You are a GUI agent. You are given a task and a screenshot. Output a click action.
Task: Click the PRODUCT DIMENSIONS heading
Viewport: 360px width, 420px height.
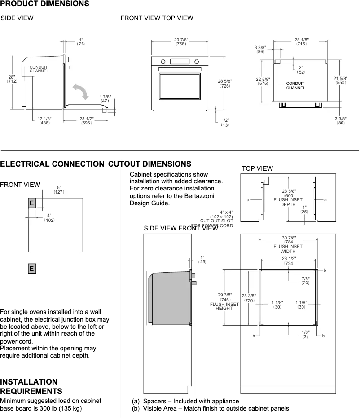point(44,4)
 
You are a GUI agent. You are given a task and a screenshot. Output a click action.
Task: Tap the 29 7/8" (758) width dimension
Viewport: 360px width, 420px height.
point(181,42)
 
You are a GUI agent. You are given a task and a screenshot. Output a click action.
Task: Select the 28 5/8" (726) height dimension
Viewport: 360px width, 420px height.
point(224,83)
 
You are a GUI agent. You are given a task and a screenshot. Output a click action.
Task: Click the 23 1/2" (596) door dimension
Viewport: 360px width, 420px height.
point(86,120)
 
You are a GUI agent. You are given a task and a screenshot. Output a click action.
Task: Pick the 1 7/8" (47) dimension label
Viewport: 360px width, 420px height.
point(105,99)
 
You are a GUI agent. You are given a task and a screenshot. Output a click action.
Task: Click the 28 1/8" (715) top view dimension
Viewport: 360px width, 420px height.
point(301,42)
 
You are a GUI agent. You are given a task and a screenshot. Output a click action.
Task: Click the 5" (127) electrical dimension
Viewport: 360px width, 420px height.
point(59,190)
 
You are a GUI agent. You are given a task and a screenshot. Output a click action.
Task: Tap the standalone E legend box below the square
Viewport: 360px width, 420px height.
point(32,269)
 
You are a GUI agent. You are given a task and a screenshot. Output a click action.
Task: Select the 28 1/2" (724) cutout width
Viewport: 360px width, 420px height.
point(289,261)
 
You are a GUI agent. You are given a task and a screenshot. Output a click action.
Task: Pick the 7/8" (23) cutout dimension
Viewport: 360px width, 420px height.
point(305,281)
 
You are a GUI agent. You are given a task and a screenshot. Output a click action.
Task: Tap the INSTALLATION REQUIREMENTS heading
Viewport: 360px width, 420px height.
point(31,386)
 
